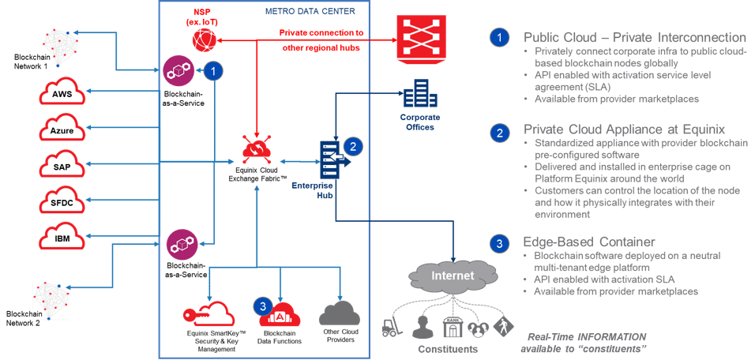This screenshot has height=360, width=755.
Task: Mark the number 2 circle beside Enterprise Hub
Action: click(x=355, y=146)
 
